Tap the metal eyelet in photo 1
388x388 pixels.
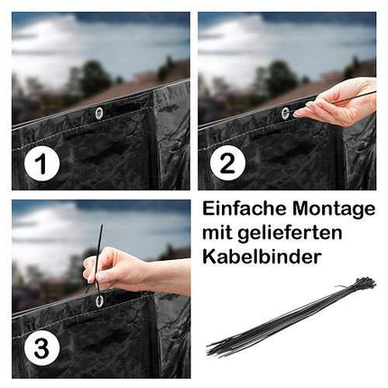[x=99, y=113]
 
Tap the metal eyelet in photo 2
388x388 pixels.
[x=285, y=113]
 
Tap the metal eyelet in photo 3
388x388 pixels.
[x=98, y=300]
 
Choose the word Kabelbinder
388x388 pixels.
[x=262, y=257]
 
